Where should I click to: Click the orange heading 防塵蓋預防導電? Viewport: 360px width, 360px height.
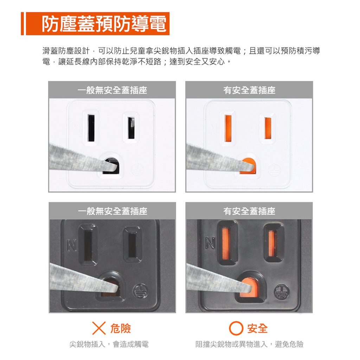(x=104, y=24)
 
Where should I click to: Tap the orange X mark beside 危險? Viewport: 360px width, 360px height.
(x=99, y=328)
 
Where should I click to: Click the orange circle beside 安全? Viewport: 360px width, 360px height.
(x=236, y=328)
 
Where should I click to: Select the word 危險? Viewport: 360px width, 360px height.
(x=121, y=328)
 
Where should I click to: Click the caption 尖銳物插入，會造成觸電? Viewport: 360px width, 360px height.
(x=109, y=344)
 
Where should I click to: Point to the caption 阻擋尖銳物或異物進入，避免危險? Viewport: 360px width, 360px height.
(x=249, y=344)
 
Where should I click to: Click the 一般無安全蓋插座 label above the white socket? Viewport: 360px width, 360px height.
(x=112, y=90)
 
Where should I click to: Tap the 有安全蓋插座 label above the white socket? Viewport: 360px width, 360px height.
(x=249, y=90)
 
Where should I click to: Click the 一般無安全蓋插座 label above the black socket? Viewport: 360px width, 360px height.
(x=112, y=211)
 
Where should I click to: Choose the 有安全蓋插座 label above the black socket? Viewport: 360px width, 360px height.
(x=249, y=211)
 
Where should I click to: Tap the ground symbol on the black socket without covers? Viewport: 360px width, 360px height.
(x=141, y=291)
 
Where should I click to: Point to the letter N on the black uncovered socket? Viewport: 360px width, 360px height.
(x=72, y=245)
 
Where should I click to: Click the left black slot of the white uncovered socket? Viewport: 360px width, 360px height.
(x=91, y=128)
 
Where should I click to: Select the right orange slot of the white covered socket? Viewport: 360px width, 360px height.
(x=268, y=128)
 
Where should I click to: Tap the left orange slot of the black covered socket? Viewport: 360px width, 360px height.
(x=227, y=243)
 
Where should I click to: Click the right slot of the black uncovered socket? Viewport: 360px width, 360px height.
(x=133, y=245)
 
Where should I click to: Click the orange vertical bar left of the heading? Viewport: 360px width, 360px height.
(x=22, y=24)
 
